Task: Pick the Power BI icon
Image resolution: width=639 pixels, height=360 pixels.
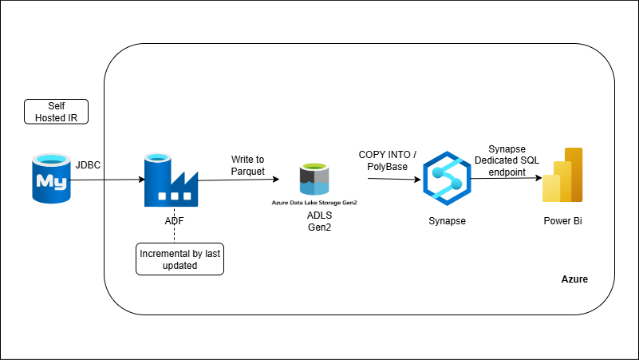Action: pyautogui.click(x=563, y=176)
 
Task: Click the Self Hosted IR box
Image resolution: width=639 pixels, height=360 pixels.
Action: pyautogui.click(x=56, y=112)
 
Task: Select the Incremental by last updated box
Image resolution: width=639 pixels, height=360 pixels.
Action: pyautogui.click(x=179, y=259)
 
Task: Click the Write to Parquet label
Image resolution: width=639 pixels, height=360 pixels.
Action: pyautogui.click(x=248, y=165)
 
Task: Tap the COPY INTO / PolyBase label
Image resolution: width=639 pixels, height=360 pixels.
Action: pyautogui.click(x=387, y=160)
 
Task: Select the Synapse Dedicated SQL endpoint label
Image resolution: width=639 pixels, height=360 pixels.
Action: pyautogui.click(x=514, y=160)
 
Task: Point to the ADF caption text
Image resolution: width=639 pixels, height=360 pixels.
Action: pyautogui.click(x=170, y=220)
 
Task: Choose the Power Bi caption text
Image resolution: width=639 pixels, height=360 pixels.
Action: pyautogui.click(x=562, y=220)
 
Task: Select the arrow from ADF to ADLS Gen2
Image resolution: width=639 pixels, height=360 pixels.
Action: pyautogui.click(x=239, y=180)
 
